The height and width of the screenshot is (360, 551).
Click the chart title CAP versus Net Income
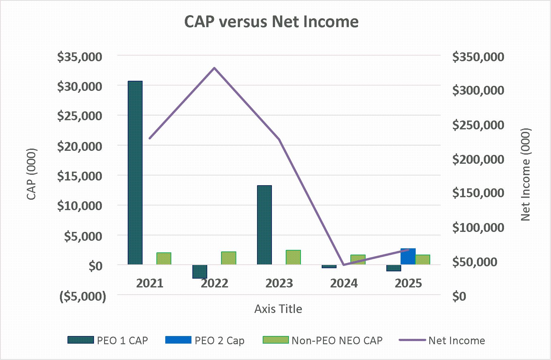271,22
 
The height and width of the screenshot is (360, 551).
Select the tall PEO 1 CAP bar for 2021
135,173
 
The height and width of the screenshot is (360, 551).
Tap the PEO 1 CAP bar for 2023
264,225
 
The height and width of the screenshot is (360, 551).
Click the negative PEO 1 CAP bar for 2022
200,271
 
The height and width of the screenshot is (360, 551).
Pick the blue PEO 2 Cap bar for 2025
408,257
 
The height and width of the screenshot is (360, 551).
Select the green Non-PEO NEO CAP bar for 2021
164,258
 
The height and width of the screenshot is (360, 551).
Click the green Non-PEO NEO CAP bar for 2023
293,257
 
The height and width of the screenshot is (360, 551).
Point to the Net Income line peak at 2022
214,68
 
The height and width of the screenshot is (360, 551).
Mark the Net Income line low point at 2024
343,264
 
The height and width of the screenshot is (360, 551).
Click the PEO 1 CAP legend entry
108,340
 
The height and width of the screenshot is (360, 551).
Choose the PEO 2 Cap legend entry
205,340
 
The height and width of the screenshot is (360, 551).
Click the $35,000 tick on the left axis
80,57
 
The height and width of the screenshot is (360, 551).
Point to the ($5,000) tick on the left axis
83,296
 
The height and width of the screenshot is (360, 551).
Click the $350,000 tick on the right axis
478,57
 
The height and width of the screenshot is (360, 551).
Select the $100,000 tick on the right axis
478,227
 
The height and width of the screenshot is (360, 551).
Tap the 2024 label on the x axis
344,283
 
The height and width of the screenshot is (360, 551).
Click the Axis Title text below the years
278,309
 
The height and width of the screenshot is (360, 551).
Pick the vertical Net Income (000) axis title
525,174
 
